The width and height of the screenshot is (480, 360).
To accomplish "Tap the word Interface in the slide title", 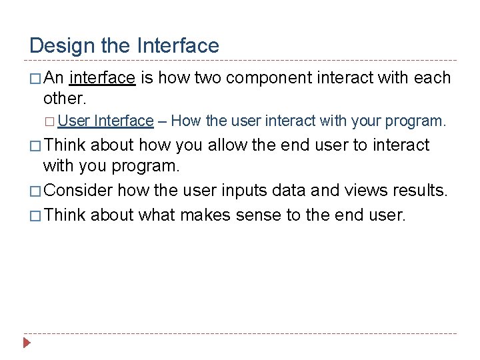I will coord(178,46).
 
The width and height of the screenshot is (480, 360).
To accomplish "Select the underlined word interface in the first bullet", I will coord(103,78).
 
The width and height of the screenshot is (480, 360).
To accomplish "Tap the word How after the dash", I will coord(186,121).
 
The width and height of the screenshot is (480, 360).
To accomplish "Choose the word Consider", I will coord(80,191).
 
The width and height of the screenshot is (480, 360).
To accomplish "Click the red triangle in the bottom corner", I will coord(27,344).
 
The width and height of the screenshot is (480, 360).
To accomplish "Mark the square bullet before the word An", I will coord(35,79).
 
